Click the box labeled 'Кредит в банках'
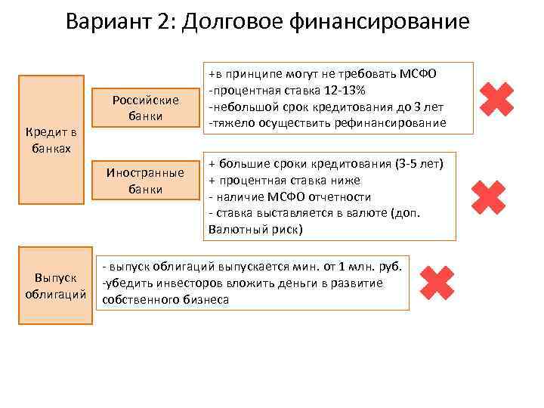click(51, 140)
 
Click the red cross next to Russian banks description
click(496, 100)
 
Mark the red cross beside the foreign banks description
click(487, 196)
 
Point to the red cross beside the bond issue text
click(437, 282)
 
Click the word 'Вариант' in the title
click(111, 20)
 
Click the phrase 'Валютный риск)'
click(255, 229)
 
